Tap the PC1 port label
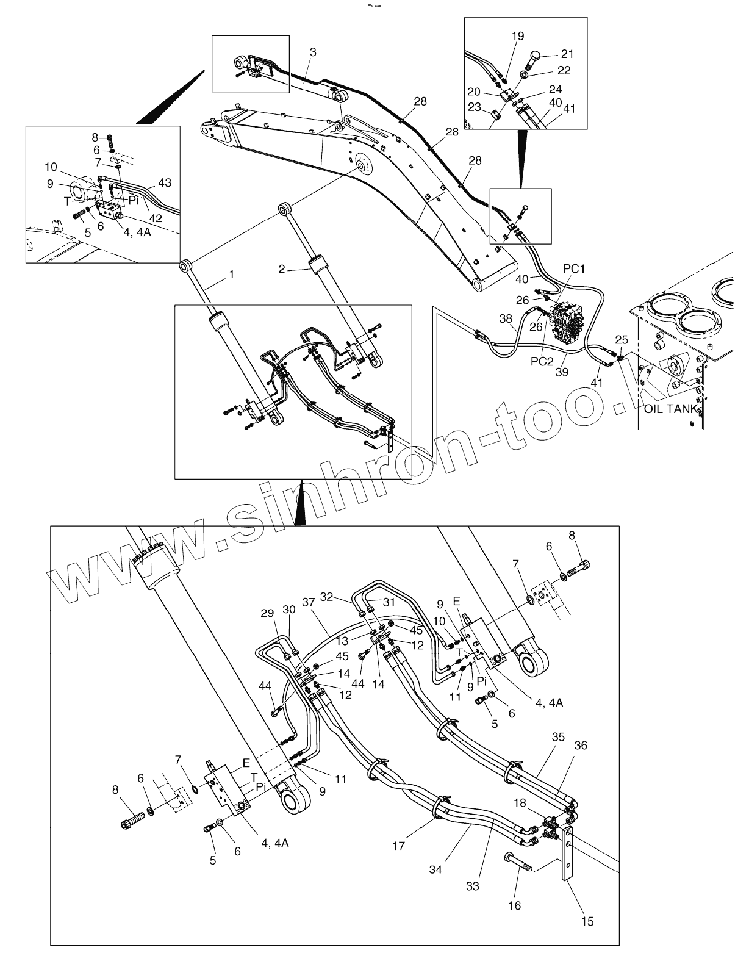(574, 269)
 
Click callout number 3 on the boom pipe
(313, 52)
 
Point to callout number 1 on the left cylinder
(231, 275)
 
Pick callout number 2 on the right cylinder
(282, 268)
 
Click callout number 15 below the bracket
(588, 921)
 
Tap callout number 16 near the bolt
(514, 905)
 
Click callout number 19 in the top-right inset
(517, 37)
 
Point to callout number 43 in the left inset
(165, 182)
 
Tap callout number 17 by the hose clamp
(399, 846)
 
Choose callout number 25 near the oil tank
(621, 339)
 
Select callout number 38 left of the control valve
(506, 318)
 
